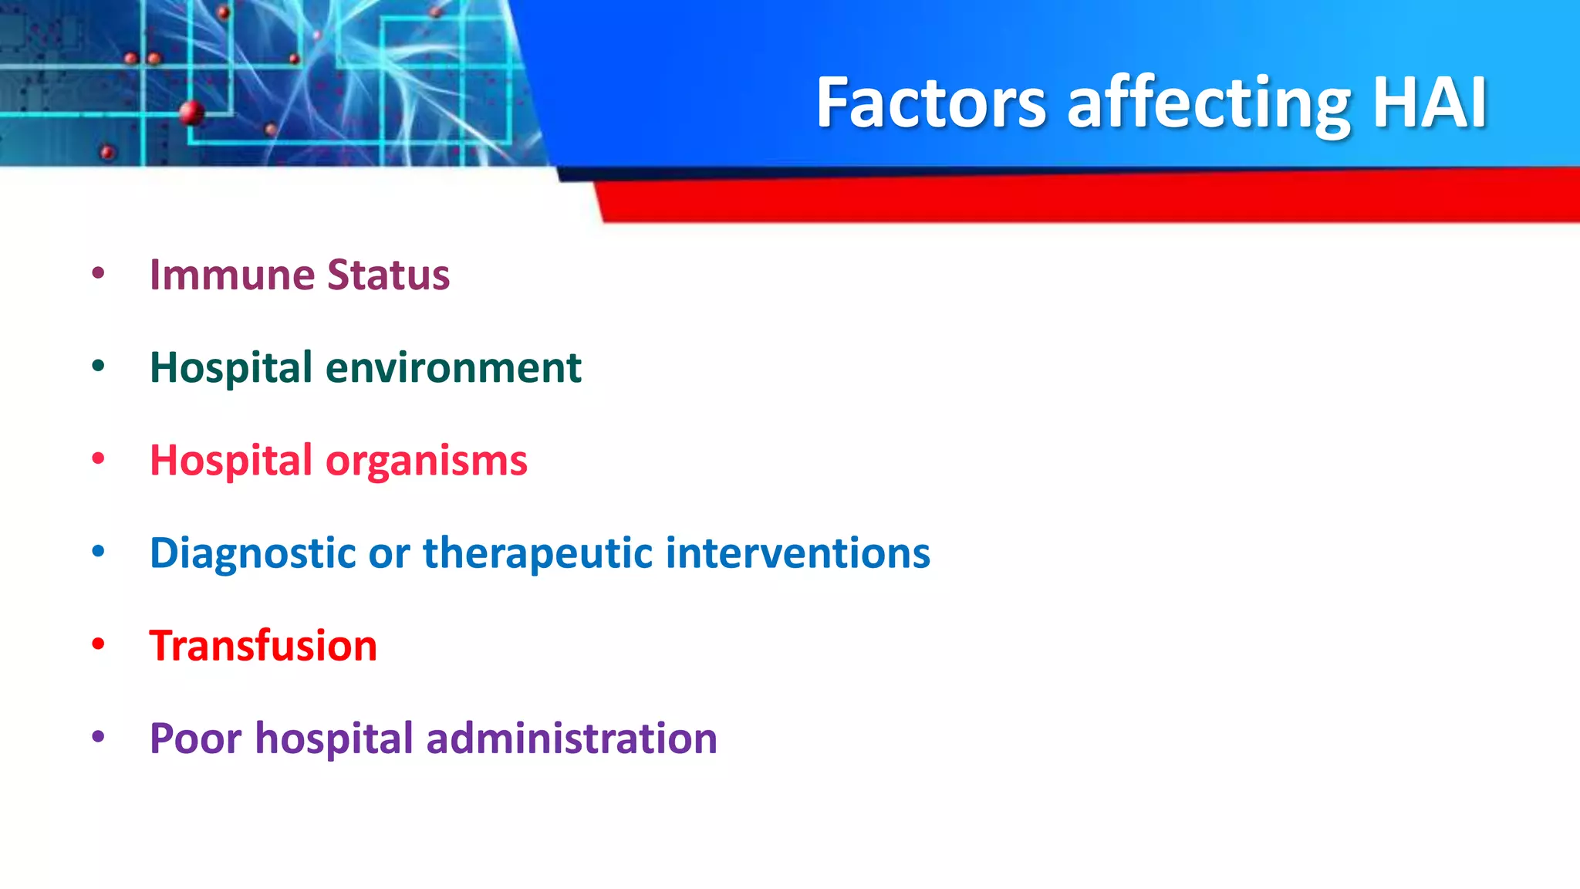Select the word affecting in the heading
1208,104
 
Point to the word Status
388,275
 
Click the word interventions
797,553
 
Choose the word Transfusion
263,646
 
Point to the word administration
572,739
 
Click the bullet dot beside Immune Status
98,272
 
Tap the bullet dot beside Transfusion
98,644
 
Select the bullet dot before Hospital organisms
98,458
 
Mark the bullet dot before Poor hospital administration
98,737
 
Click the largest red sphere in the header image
191,113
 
